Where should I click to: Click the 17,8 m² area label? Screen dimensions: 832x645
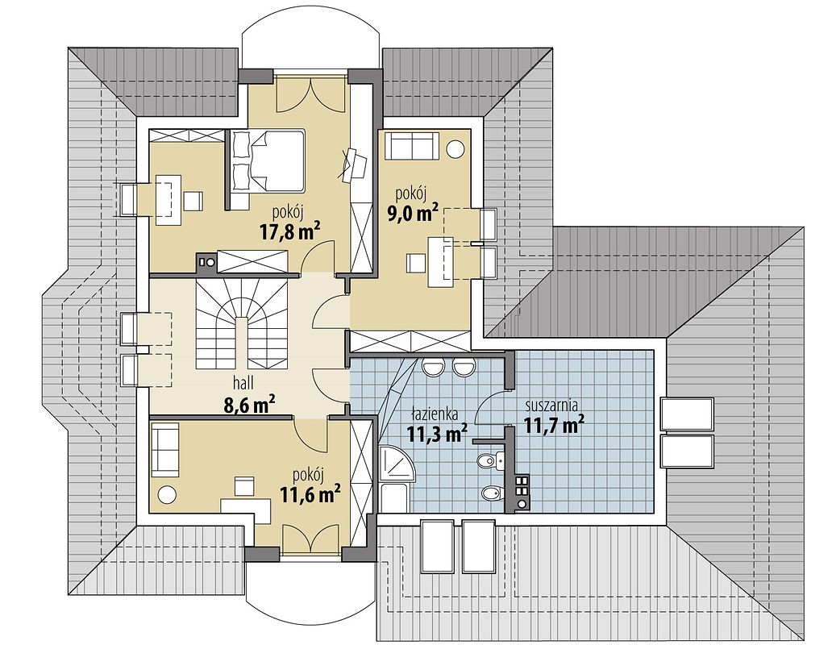pyautogui.click(x=289, y=231)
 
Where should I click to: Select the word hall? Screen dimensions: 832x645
pyautogui.click(x=243, y=382)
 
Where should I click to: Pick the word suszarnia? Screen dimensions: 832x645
pyautogui.click(x=551, y=406)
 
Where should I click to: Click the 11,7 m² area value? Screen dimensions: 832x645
pyautogui.click(x=555, y=424)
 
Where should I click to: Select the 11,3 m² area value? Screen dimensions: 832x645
pyautogui.click(x=437, y=433)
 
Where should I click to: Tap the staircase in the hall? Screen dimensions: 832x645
pyautogui.click(x=242, y=323)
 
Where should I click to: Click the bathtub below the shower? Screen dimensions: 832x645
pyautogui.click(x=394, y=497)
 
